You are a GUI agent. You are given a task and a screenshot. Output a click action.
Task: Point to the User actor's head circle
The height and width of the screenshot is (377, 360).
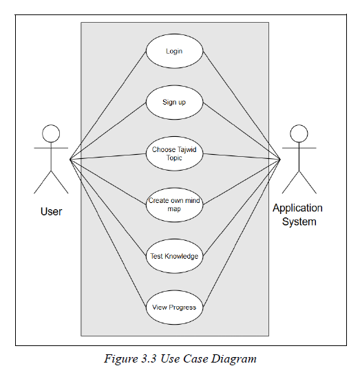51,125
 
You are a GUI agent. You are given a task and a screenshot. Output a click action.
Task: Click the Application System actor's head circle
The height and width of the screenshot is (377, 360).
299,125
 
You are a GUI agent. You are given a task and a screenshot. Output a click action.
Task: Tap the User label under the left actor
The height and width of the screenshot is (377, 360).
51,212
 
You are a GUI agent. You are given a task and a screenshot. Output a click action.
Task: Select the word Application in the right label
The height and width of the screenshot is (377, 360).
297,208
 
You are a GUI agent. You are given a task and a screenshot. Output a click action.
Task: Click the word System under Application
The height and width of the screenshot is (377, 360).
299,222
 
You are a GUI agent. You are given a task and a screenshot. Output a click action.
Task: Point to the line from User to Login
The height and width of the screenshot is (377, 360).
108,105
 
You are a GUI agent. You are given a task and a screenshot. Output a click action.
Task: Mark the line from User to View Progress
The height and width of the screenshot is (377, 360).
108,233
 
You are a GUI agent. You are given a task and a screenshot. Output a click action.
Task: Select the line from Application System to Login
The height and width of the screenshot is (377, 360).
242,105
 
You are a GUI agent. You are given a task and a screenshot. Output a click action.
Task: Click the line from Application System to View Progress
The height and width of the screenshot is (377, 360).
242,233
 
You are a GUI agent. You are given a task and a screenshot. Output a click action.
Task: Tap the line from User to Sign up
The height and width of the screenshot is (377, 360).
108,131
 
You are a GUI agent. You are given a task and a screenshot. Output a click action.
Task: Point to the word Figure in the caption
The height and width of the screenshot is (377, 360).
121,359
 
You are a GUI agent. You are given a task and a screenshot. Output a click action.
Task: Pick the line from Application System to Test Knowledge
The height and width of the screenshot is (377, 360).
242,208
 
